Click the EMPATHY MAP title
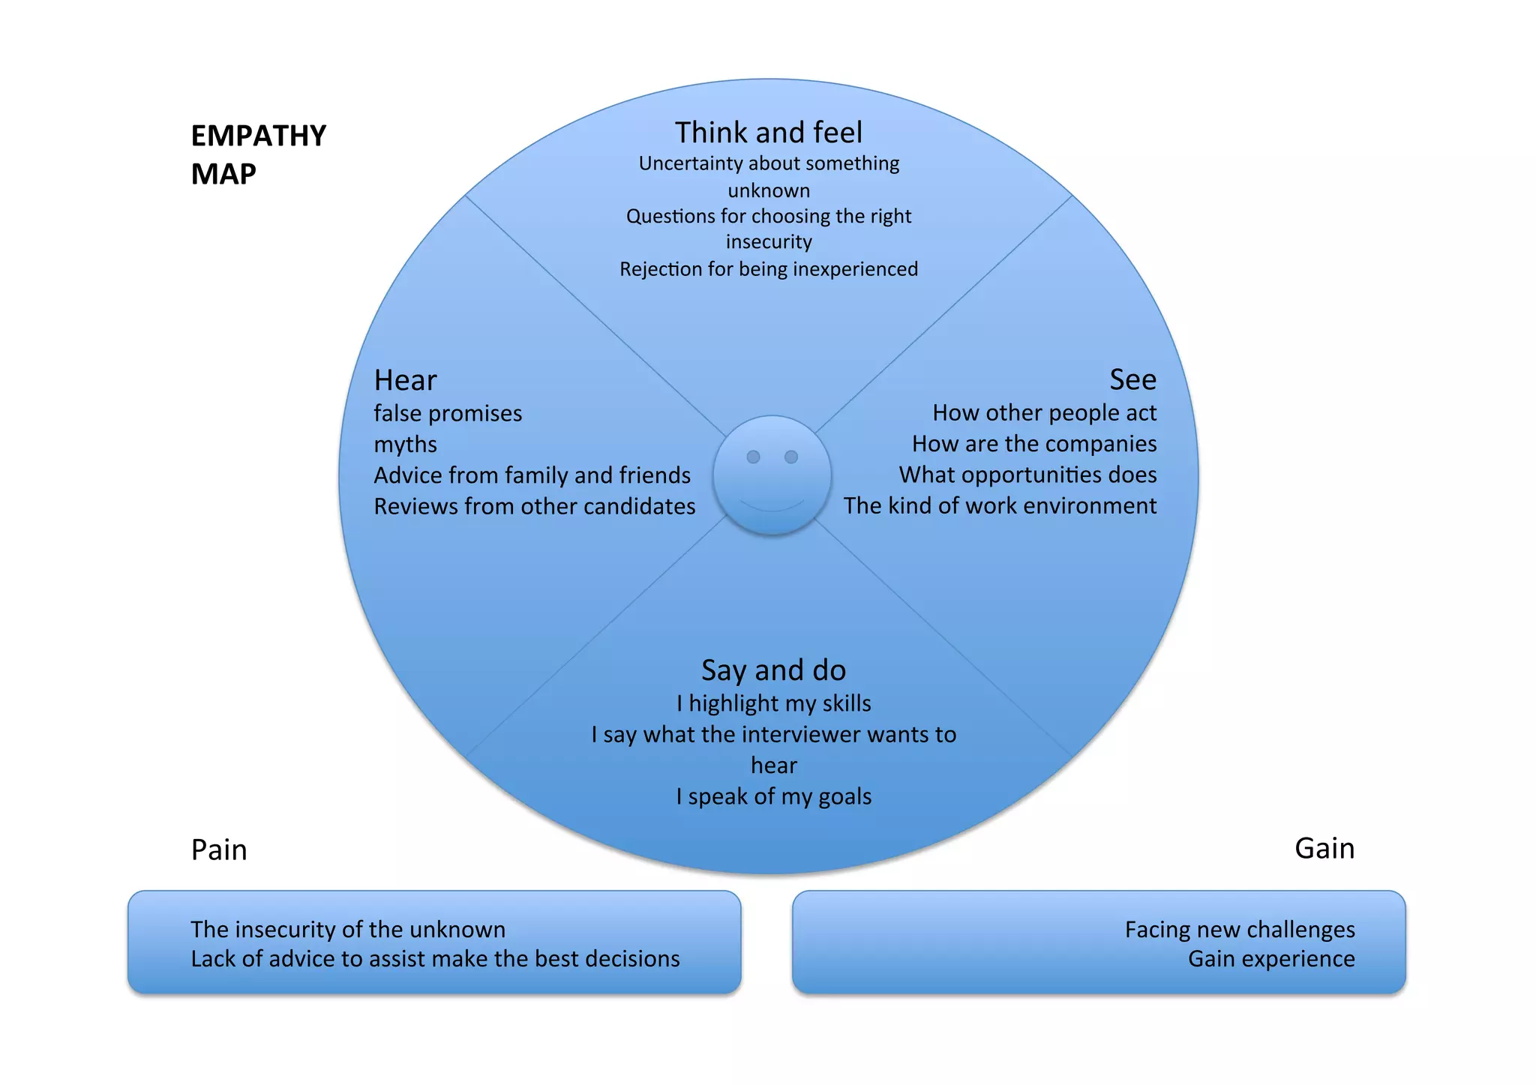click(x=258, y=154)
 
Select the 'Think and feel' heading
click(x=768, y=133)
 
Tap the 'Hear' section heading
click(x=405, y=380)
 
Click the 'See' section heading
click(x=1132, y=379)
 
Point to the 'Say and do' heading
click(x=773, y=670)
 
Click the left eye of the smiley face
click(x=753, y=457)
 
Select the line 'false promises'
click(x=448, y=413)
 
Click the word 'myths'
click(x=405, y=445)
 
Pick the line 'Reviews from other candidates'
click(x=534, y=507)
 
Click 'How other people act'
click(x=1044, y=412)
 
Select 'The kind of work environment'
click(x=1000, y=506)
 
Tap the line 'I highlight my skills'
click(x=773, y=703)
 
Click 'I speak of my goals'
click(x=773, y=796)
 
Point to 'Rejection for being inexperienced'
click(x=768, y=269)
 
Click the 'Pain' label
click(x=218, y=850)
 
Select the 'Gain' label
click(x=1324, y=848)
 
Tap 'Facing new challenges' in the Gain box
click(x=1239, y=930)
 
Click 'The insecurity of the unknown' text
click(x=348, y=930)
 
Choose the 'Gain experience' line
click(x=1270, y=959)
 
